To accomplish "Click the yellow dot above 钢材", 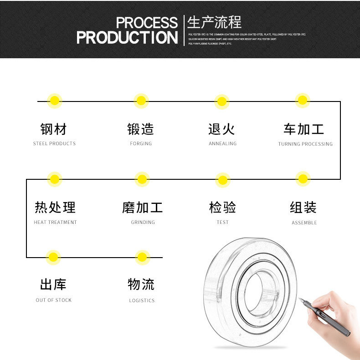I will [x=55, y=101].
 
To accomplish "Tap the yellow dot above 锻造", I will [x=141, y=101].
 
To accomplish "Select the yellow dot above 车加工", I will [x=302, y=101].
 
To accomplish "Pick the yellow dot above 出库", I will [x=54, y=257].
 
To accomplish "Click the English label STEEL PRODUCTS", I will [x=54, y=144].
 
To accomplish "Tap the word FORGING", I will [x=141, y=144].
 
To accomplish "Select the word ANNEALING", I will [x=222, y=144].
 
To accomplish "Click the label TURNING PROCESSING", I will [x=305, y=144].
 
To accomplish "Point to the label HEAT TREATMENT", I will [x=55, y=223].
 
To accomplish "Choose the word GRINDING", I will [x=143, y=223].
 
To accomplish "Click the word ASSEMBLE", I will [x=304, y=223].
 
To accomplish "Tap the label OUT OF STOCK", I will [x=54, y=300].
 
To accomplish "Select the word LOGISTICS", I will [x=142, y=301].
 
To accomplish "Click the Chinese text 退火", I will [x=221, y=129].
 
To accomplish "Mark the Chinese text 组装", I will [x=303, y=208].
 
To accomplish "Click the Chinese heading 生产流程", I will [x=214, y=22].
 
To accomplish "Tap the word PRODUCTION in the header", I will [x=127, y=38].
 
